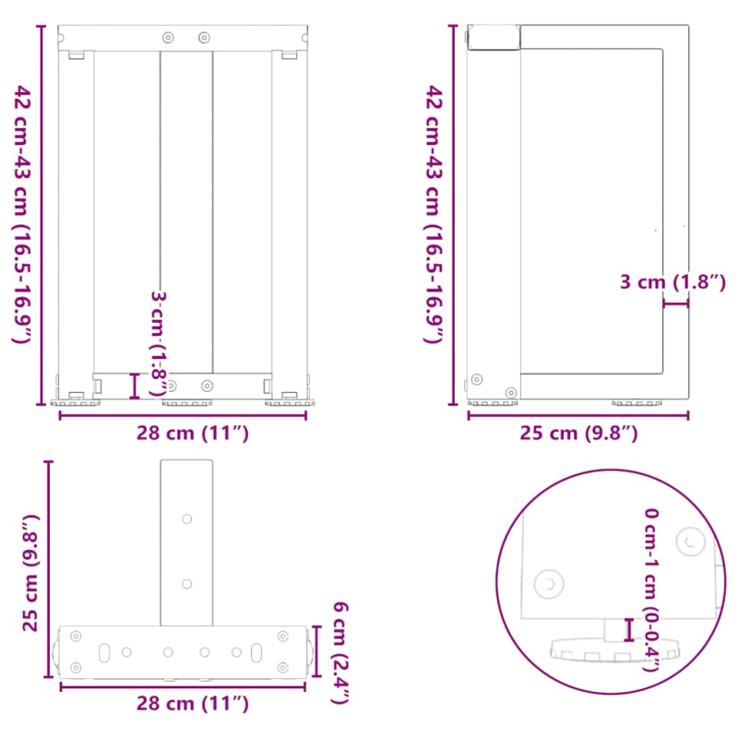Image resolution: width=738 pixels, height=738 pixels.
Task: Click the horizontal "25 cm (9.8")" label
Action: pyautogui.click(x=577, y=432)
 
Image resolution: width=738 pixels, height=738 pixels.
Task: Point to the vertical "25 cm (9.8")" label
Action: pyautogui.click(x=30, y=573)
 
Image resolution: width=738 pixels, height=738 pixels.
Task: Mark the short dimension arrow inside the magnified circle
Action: pyautogui.click(x=628, y=630)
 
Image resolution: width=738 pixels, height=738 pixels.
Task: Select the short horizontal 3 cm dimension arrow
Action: pyautogui.click(x=675, y=303)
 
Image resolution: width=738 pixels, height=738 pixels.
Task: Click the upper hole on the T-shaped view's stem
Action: pyautogui.click(x=187, y=520)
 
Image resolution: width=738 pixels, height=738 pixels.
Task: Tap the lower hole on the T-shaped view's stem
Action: pyautogui.click(x=187, y=583)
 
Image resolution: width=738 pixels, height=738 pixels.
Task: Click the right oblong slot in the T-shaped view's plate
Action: pyautogui.click(x=257, y=652)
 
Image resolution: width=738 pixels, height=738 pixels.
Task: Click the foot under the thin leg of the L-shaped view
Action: pyautogui.click(x=637, y=402)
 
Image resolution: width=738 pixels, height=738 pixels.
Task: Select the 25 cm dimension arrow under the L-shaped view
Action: pyautogui.click(x=577, y=415)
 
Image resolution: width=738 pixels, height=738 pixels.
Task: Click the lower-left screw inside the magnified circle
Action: pyautogui.click(x=551, y=584)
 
